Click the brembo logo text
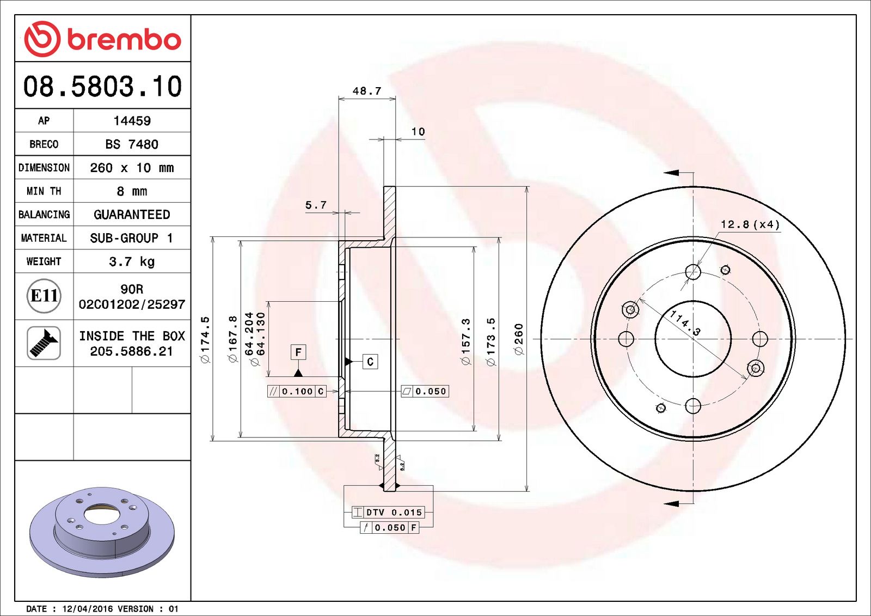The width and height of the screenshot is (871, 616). pyautogui.click(x=124, y=39)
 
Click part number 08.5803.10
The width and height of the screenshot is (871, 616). pyautogui.click(x=102, y=87)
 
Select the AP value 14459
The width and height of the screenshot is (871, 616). pyautogui.click(x=132, y=121)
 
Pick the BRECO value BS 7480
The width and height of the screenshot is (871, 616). pyautogui.click(x=132, y=144)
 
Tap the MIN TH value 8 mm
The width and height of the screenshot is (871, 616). pyautogui.click(x=132, y=191)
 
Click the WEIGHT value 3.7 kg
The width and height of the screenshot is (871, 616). pyautogui.click(x=132, y=261)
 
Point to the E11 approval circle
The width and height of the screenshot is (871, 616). pyautogui.click(x=44, y=296)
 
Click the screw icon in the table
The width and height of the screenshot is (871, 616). pyautogui.click(x=44, y=343)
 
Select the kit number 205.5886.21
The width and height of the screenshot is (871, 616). pyautogui.click(x=132, y=352)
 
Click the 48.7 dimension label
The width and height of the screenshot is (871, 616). pyautogui.click(x=367, y=91)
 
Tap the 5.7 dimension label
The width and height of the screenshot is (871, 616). pyautogui.click(x=316, y=205)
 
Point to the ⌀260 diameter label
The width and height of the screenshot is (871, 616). pyautogui.click(x=519, y=339)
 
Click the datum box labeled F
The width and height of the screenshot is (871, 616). pyautogui.click(x=298, y=352)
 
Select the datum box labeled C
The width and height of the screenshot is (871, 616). pyautogui.click(x=370, y=362)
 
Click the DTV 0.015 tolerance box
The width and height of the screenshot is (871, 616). pyautogui.click(x=388, y=512)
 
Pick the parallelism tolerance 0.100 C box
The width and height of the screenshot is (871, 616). pyautogui.click(x=297, y=391)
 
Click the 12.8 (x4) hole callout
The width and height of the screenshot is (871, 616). pyautogui.click(x=750, y=224)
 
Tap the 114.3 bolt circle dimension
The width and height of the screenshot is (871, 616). pyautogui.click(x=685, y=322)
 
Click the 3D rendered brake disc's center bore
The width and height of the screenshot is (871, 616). pyautogui.click(x=101, y=514)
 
